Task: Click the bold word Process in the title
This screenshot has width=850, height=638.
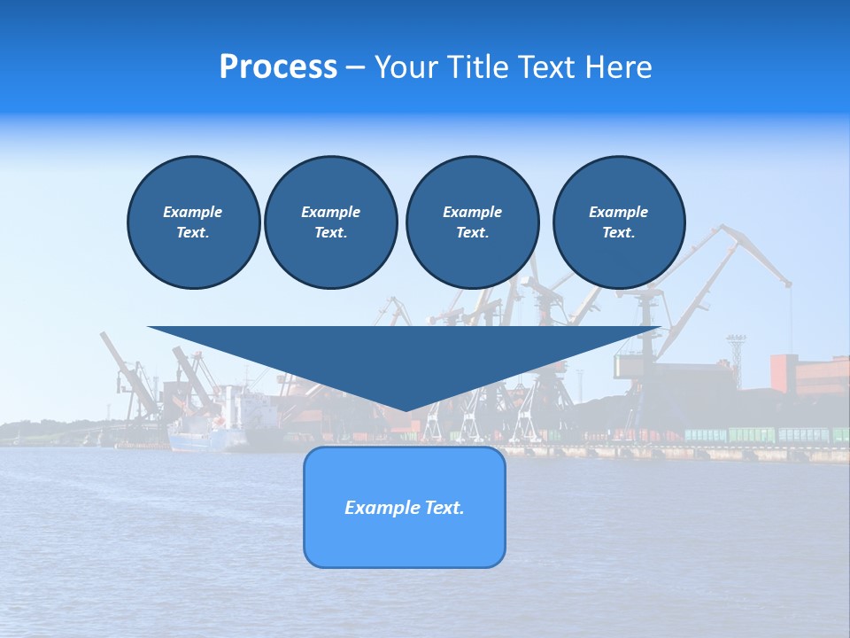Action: (x=278, y=67)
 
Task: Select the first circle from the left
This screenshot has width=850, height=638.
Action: (x=193, y=222)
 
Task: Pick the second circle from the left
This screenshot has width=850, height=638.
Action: (x=330, y=222)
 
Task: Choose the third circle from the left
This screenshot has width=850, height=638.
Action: (x=472, y=222)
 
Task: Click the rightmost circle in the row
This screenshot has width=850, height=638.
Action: (x=618, y=222)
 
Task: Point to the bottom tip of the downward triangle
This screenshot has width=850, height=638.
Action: (x=405, y=409)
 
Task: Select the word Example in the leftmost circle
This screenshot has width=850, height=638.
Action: (x=193, y=212)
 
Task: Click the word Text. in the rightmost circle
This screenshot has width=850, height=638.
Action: (x=618, y=232)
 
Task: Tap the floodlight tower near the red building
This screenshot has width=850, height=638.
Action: (x=736, y=349)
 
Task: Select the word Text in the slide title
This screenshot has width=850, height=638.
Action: (x=547, y=67)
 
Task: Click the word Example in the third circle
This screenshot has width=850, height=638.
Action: (x=472, y=212)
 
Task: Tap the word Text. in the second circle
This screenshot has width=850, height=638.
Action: (x=330, y=232)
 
